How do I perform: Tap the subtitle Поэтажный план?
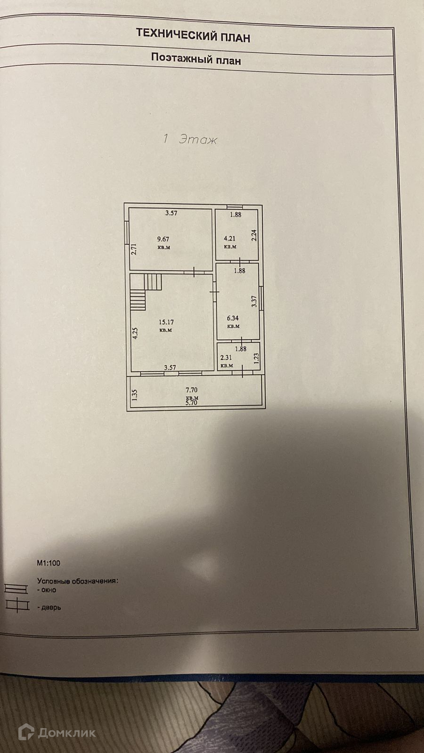(x=196, y=59)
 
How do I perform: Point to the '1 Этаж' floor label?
(x=189, y=139)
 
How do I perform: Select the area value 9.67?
(x=163, y=239)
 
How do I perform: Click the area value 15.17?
(x=166, y=322)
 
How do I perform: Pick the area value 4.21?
(x=230, y=239)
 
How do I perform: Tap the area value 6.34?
(x=233, y=318)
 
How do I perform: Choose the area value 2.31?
(x=226, y=358)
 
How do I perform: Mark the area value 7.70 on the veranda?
(x=192, y=390)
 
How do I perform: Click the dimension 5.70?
(x=192, y=403)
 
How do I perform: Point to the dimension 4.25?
(x=135, y=334)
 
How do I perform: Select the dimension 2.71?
(x=133, y=248)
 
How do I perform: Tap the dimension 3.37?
(x=254, y=301)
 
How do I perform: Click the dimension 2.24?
(x=254, y=235)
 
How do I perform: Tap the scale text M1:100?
(x=49, y=563)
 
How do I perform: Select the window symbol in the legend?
(x=16, y=589)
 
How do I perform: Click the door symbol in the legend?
(x=16, y=606)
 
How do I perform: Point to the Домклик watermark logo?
(x=57, y=732)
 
